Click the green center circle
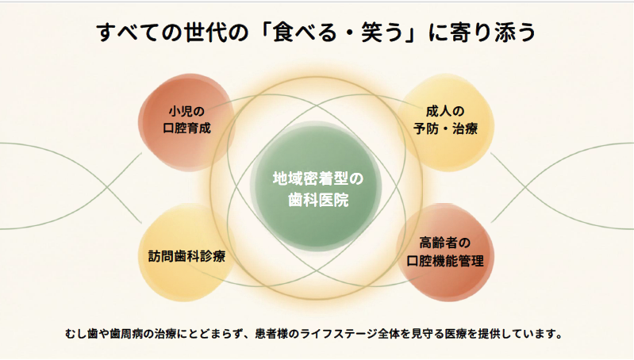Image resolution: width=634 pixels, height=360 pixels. [x=316, y=187]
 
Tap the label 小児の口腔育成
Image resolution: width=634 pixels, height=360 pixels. [x=186, y=120]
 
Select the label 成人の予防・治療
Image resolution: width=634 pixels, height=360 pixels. [x=445, y=120]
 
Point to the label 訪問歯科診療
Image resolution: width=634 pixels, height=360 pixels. [x=186, y=256]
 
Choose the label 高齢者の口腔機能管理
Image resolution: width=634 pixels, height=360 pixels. [x=445, y=251]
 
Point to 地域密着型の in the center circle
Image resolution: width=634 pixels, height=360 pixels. [x=318, y=178]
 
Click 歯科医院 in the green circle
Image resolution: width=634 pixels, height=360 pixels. [x=318, y=200]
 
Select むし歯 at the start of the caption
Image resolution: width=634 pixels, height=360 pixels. [x=81, y=334]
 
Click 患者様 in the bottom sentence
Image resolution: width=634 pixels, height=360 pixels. [x=271, y=334]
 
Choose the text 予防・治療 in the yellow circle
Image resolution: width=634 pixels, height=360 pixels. [x=445, y=128]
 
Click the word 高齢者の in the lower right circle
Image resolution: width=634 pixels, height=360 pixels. [x=445, y=243]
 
